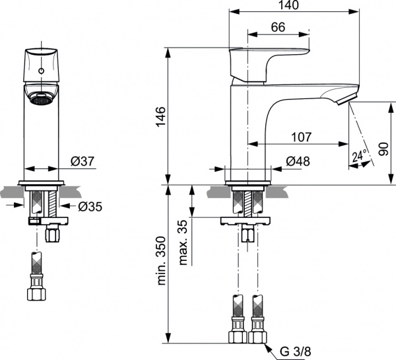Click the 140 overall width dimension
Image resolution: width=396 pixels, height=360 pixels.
coord(288,5)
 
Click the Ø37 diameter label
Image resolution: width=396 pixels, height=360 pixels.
coord(82,161)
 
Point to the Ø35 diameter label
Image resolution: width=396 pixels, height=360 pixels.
coord(90,206)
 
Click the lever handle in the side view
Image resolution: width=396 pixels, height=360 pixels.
coord(267,63)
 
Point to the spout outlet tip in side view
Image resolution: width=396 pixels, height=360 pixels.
coord(344,99)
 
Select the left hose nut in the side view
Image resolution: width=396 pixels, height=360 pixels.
coord(238,336)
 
